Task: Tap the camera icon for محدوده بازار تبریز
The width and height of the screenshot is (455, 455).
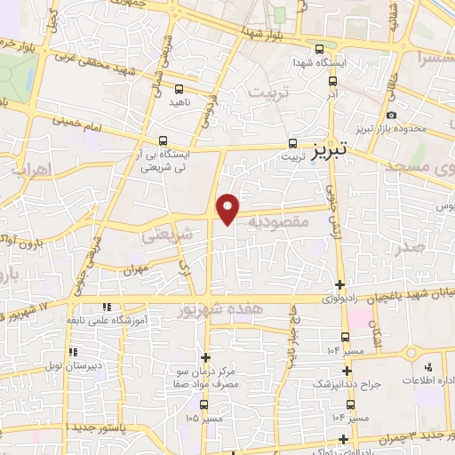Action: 392,116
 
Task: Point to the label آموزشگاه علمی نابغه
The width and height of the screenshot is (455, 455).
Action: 147,321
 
